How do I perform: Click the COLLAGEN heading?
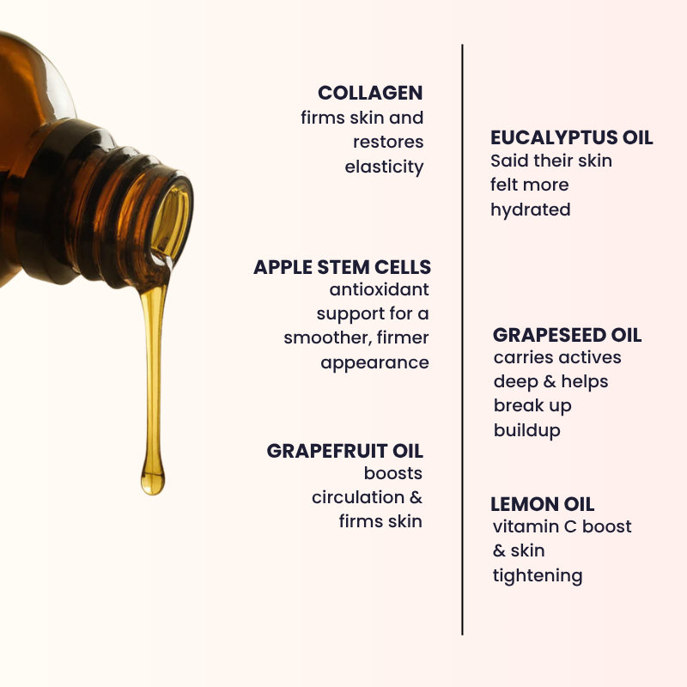coord(370,93)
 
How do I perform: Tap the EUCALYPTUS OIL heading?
coord(571,137)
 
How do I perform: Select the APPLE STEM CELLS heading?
coord(342,267)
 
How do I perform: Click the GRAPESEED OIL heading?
coord(567,335)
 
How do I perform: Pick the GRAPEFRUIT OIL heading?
coord(344,451)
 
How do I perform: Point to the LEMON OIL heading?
coord(542,504)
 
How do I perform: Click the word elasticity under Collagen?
coord(384,167)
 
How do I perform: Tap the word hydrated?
coord(530,210)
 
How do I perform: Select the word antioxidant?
coord(379,290)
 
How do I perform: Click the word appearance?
coord(374,362)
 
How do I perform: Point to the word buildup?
coord(526,430)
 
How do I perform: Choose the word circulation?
coord(357,497)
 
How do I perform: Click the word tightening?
coord(537,575)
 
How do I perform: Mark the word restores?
coord(388,142)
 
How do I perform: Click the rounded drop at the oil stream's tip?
coord(153,479)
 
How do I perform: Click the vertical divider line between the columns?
coord(462,343)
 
